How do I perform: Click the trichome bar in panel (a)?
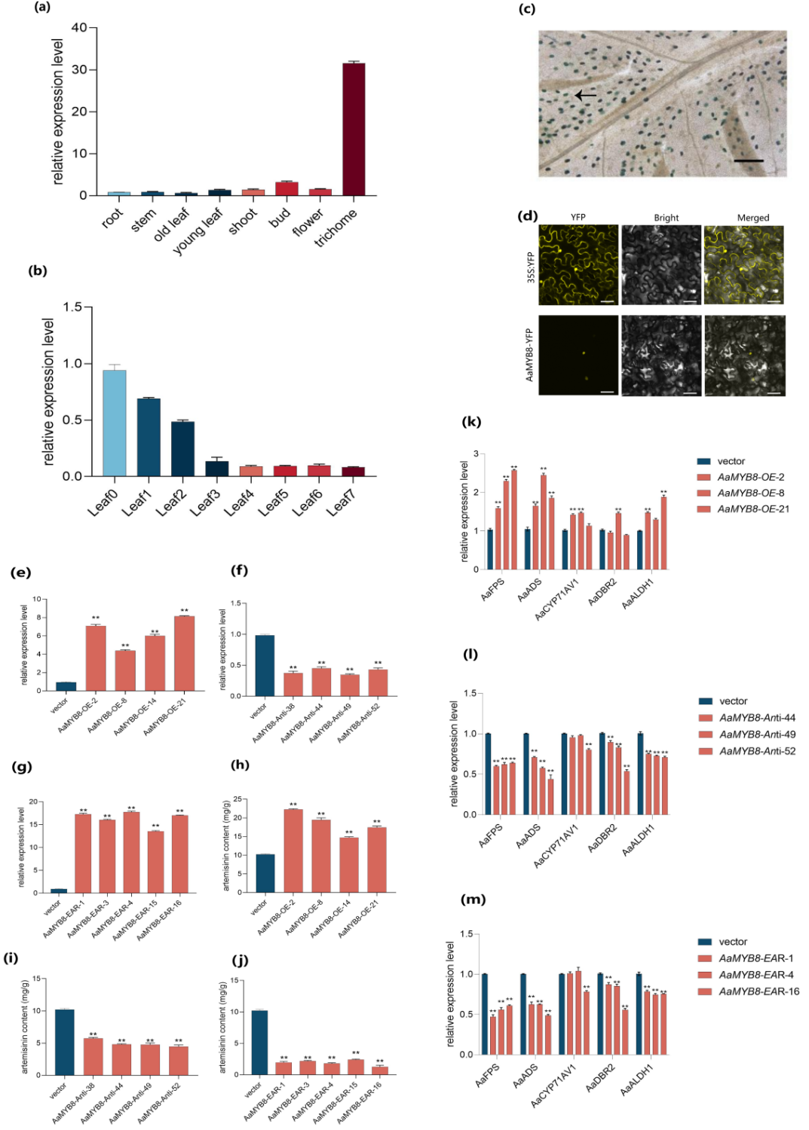pos(354,130)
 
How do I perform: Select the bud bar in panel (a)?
pos(287,188)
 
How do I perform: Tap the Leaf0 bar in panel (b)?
pos(115,423)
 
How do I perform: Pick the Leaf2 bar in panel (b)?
pos(182,449)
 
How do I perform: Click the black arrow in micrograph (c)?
pos(585,96)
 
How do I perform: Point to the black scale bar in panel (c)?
pos(748,160)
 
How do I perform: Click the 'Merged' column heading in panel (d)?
pos(752,218)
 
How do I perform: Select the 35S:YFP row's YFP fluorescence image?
pos(578,264)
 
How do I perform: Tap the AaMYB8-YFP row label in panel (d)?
pos(529,355)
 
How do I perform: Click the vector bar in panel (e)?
pos(66,686)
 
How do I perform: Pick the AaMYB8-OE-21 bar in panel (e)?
pos(184,653)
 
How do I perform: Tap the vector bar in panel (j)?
pos(259,1043)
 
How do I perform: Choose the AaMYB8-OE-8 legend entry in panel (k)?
pos(750,493)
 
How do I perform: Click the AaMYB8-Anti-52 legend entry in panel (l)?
pos(757,751)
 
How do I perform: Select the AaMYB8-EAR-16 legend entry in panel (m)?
pos(758,991)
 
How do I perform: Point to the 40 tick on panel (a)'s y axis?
pos(79,28)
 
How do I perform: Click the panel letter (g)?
pos(22,767)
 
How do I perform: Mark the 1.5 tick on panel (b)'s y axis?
pos(72,307)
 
